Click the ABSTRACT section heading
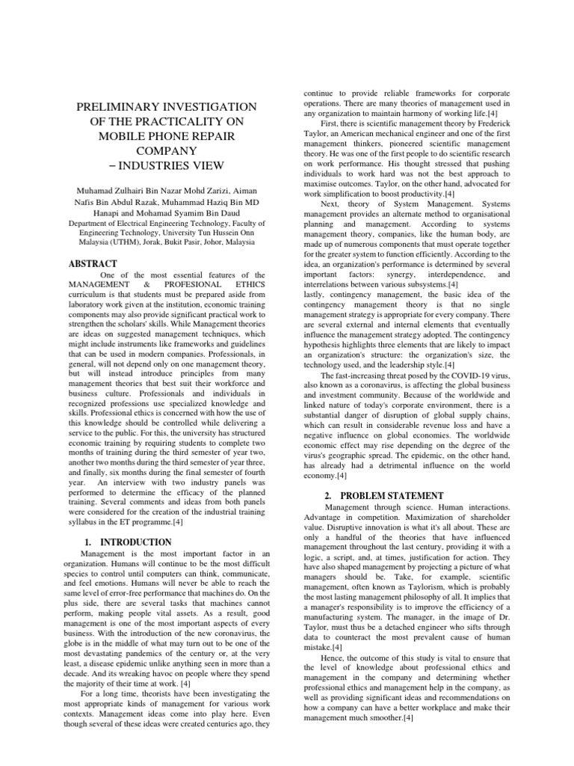[x=93, y=263]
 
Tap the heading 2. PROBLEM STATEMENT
[x=384, y=496]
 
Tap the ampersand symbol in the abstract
[x=149, y=286]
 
